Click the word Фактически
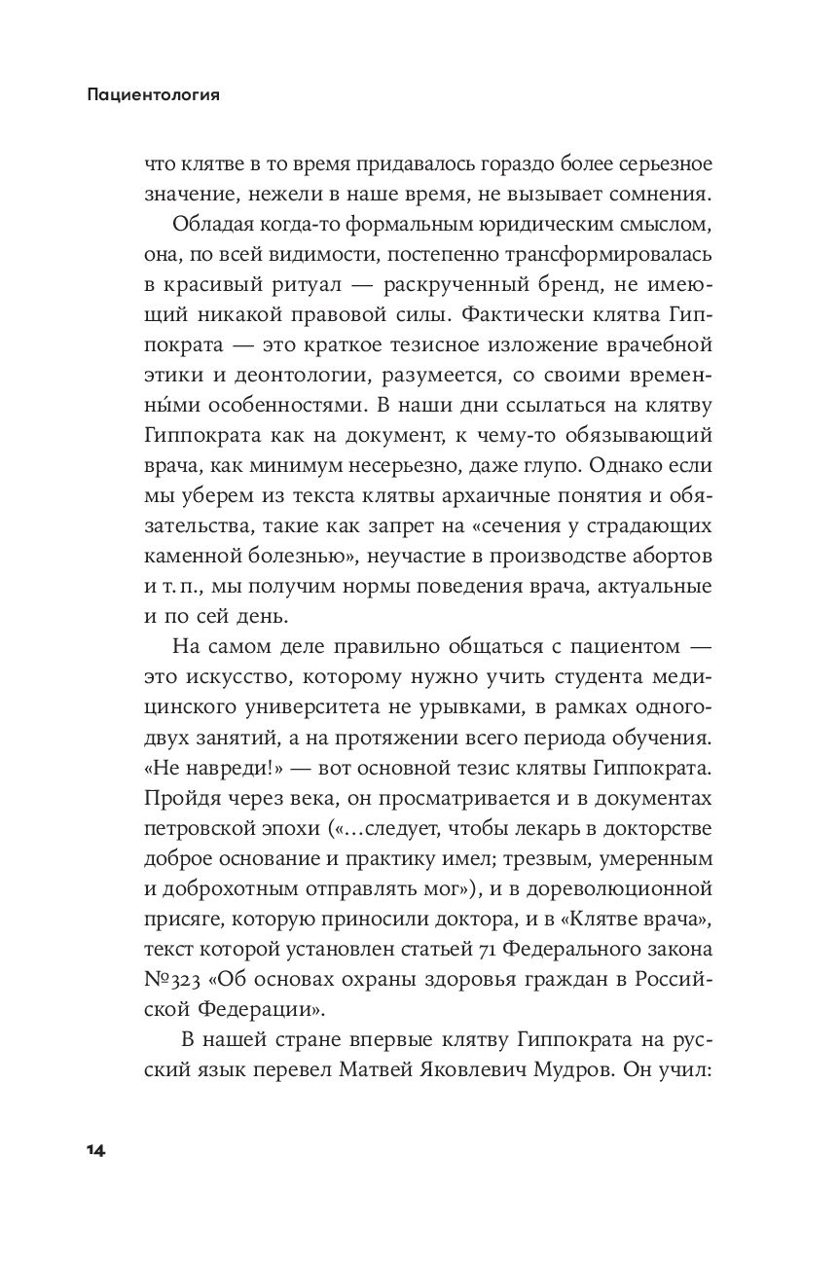[505, 316]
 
